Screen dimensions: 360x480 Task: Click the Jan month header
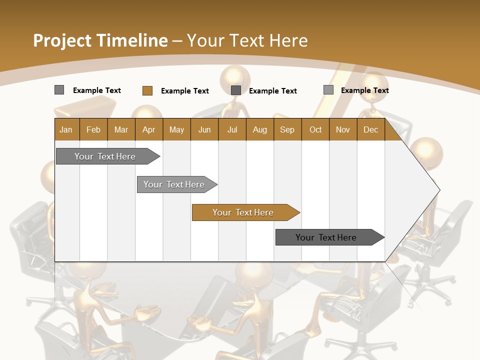[66, 129]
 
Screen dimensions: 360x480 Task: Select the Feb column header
[93, 129]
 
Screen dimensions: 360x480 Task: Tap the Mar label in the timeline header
[121, 129]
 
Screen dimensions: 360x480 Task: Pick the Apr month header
[148, 129]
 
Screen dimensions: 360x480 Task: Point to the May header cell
[176, 129]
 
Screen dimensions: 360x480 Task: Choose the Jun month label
[204, 129]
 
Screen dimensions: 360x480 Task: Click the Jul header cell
[232, 129]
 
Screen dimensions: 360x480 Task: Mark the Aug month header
[259, 129]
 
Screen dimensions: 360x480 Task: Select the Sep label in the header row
[287, 129]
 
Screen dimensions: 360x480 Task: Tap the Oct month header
[315, 129]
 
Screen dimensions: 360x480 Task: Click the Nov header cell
[343, 129]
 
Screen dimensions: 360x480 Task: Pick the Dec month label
[370, 129]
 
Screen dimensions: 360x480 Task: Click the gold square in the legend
[147, 90]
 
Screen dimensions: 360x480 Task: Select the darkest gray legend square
[236, 90]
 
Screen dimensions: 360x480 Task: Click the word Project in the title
[62, 40]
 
